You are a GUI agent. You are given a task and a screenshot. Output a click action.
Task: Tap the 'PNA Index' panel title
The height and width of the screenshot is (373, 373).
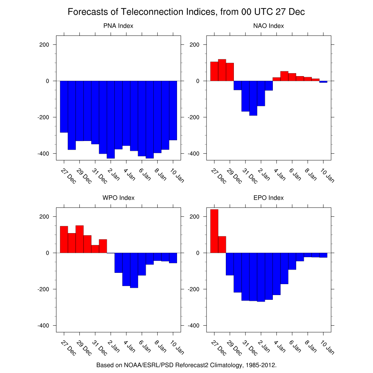pos(118,26)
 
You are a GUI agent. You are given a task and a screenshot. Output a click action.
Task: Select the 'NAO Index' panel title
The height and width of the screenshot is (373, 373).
pos(268,26)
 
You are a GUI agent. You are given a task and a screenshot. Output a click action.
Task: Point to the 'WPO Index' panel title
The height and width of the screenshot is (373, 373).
pos(118,198)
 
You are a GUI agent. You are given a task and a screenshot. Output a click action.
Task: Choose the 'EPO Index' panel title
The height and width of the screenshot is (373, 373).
pos(268,198)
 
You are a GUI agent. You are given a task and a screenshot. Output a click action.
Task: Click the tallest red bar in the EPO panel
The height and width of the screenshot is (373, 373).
pos(214,231)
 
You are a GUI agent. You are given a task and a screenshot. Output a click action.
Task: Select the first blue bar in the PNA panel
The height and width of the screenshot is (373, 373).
pos(64,106)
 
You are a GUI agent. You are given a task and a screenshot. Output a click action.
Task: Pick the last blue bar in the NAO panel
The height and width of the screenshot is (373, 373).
pos(323,82)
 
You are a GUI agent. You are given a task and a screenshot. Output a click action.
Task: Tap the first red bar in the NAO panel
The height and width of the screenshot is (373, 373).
pos(214,71)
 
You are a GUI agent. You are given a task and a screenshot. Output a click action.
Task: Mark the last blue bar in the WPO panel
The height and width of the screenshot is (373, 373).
pos(173,258)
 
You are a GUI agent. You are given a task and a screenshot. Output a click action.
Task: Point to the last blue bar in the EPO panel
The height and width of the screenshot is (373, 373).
pos(323,255)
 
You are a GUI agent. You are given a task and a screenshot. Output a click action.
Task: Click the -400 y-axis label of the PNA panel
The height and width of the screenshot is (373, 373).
pos(43,154)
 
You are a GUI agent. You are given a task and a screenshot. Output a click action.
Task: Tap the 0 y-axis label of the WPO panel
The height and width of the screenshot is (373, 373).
pos(47,253)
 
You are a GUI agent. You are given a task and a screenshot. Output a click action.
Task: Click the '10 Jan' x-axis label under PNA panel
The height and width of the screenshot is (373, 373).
pos(177,175)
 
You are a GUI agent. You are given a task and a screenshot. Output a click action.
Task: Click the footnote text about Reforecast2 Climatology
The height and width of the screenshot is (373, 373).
pos(186,365)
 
